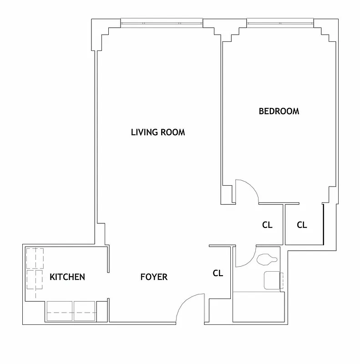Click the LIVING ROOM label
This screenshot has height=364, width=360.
(158, 132)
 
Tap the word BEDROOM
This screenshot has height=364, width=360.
(279, 111)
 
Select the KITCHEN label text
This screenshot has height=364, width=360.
(67, 277)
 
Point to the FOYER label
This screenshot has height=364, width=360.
(153, 277)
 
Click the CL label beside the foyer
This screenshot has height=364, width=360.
(218, 273)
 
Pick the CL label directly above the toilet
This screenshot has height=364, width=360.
(267, 225)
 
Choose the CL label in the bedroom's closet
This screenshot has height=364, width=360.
(302, 225)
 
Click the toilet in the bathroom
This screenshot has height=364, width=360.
(267, 260)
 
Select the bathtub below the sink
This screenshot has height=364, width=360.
(259, 307)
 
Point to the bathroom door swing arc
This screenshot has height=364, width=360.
(246, 258)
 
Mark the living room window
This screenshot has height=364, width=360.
(162, 22)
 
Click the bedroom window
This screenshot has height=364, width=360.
(280, 22)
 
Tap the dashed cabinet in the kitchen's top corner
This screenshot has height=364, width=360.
(35, 258)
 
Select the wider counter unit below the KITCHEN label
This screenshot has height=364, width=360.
(60, 311)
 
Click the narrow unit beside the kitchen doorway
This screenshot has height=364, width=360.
(101, 311)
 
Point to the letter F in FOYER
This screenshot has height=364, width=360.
(142, 277)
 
